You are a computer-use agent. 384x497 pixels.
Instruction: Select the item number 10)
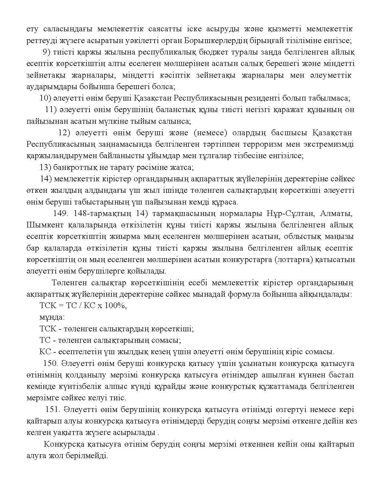click(45, 98)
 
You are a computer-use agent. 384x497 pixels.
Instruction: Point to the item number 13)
click(45, 167)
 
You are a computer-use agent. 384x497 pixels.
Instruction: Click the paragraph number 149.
click(60, 214)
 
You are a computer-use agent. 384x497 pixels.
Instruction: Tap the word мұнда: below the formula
click(52, 317)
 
